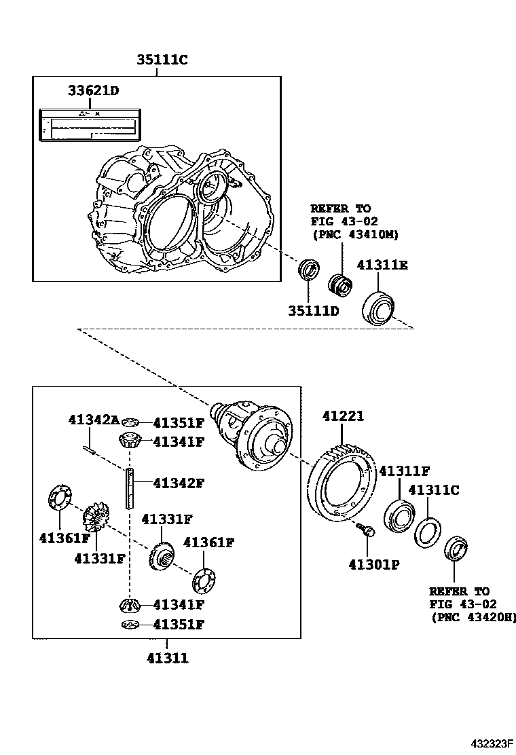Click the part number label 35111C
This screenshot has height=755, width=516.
(162, 61)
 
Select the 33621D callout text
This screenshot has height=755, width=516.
(94, 90)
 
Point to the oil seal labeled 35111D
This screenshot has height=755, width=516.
(310, 270)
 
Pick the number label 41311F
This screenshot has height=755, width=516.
(405, 471)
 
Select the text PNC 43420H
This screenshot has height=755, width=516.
(474, 617)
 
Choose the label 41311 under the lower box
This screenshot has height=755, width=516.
(167, 658)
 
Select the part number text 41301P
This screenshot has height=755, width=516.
(373, 564)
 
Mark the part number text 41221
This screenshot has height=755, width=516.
(343, 416)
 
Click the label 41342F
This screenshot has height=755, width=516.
(179, 483)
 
